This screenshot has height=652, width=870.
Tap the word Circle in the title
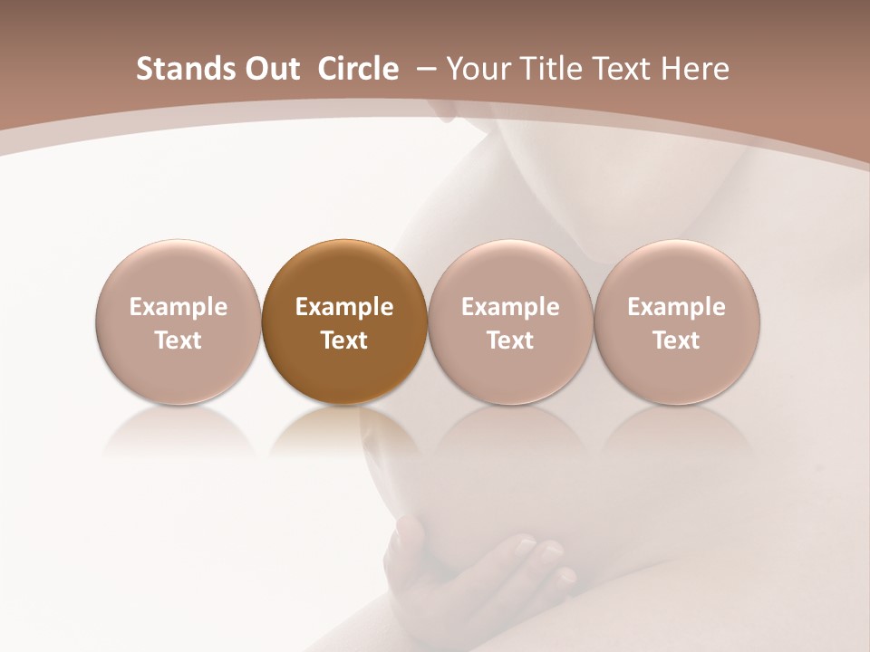[x=358, y=69]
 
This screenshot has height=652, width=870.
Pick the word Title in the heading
[x=551, y=69]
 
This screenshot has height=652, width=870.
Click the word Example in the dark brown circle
[x=344, y=307]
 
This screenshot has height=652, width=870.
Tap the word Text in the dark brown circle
[x=344, y=340]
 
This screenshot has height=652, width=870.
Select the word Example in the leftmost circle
[x=179, y=307]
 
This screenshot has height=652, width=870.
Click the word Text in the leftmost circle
[x=179, y=340]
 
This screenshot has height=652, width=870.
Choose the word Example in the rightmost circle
[x=676, y=307]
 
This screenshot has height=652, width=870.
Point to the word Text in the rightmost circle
[x=676, y=340]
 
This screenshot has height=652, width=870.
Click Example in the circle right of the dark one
[x=510, y=307]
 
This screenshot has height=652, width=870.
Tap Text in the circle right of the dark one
[x=510, y=340]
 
